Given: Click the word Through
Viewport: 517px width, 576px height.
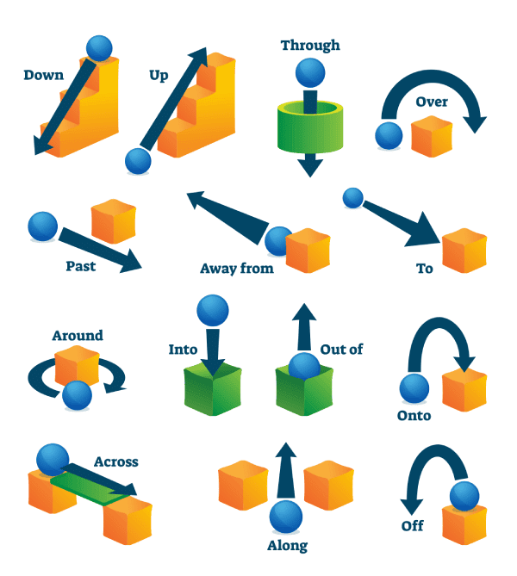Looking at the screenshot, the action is pyautogui.click(x=310, y=46).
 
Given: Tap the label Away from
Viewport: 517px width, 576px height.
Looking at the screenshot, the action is pyautogui.click(x=237, y=268).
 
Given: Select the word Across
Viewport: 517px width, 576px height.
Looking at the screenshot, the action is pyautogui.click(x=116, y=461).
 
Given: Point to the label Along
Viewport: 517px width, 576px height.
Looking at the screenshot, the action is pyautogui.click(x=287, y=546).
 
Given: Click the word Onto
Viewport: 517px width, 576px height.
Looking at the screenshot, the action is pyautogui.click(x=414, y=416).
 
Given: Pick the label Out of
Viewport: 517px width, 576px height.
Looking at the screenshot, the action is pyautogui.click(x=341, y=350).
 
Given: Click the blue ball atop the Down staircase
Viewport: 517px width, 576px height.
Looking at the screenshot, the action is pyautogui.click(x=99, y=48).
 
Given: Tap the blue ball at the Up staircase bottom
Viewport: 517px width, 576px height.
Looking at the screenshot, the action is pyautogui.click(x=138, y=161).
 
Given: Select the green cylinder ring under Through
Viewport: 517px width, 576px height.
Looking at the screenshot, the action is pyautogui.click(x=310, y=127).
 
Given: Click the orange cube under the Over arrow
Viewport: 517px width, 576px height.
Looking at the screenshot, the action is pyautogui.click(x=432, y=137).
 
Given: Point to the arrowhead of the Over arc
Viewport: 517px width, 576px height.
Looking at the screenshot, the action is pyautogui.click(x=475, y=124).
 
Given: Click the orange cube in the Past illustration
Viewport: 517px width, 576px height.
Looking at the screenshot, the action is pyautogui.click(x=114, y=221).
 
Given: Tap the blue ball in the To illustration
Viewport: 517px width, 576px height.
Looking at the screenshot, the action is pyautogui.click(x=353, y=198).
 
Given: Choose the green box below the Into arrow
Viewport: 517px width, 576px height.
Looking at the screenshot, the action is pyautogui.click(x=213, y=389).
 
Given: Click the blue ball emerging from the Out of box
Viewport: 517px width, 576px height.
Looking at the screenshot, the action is pyautogui.click(x=304, y=366).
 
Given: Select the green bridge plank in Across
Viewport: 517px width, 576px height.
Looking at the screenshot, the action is pyautogui.click(x=90, y=487).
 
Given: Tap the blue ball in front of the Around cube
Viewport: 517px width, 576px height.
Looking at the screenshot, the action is pyautogui.click(x=77, y=395).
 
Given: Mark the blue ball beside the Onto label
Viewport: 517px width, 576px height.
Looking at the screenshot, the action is pyautogui.click(x=414, y=388).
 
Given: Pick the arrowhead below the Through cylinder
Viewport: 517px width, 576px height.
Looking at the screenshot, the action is pyautogui.click(x=310, y=168).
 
